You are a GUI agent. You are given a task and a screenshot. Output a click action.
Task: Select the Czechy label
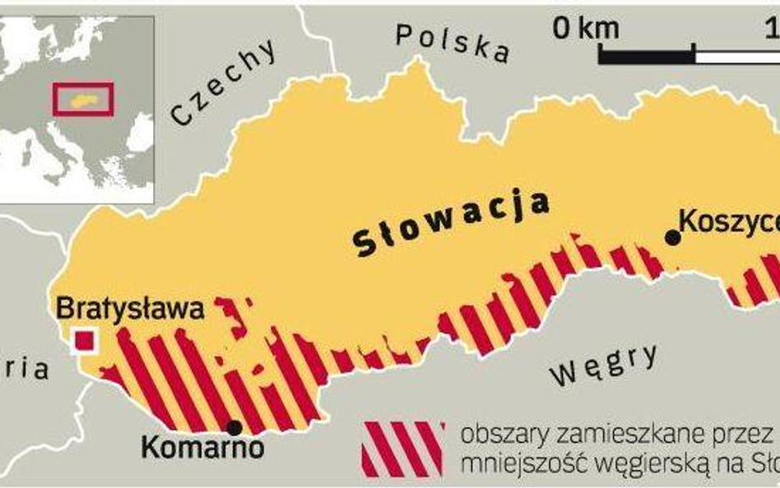[224, 82]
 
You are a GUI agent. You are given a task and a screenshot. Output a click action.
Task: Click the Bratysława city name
[130, 310]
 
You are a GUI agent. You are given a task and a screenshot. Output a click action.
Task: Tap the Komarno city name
[202, 448]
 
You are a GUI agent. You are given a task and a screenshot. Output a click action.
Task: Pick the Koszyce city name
[729, 221]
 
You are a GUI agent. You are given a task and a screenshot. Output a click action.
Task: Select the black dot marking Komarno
[234, 427]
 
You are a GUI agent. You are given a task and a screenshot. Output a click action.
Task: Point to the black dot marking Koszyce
[672, 238]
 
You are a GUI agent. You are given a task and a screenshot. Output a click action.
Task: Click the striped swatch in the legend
[403, 448]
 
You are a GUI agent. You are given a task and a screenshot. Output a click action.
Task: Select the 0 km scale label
[587, 29]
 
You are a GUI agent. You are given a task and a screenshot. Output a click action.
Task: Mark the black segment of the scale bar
[647, 56]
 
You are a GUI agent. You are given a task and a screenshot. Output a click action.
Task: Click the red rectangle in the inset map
[83, 99]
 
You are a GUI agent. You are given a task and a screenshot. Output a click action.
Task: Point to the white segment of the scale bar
[737, 56]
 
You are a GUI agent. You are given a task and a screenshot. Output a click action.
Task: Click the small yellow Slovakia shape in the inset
[83, 100]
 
